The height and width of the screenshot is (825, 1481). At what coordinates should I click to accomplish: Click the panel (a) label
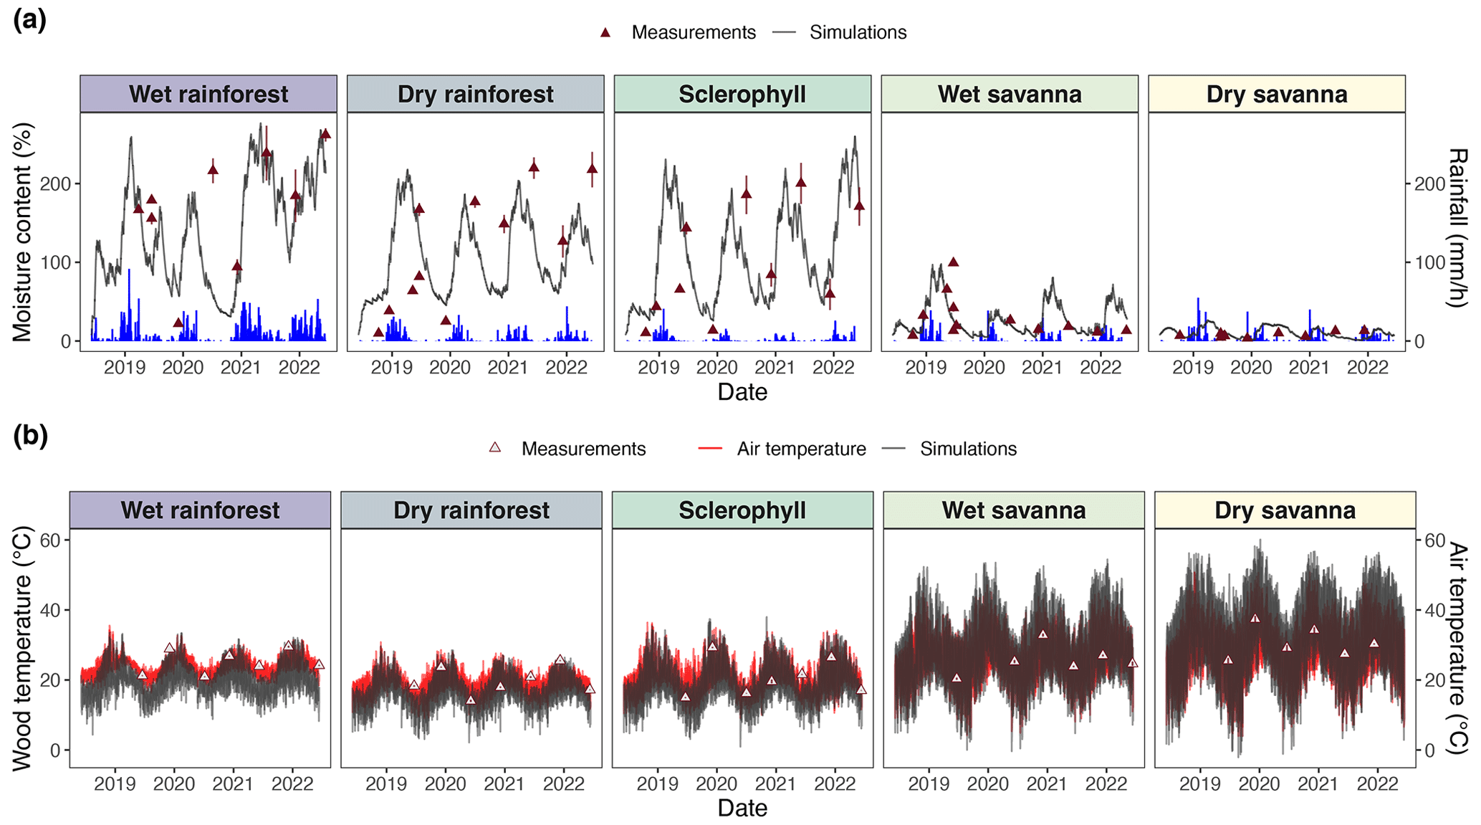pos(29,20)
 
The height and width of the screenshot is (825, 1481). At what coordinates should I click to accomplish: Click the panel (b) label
pos(30,436)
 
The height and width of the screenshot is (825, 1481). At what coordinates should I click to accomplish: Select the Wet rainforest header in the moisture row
pos(209,94)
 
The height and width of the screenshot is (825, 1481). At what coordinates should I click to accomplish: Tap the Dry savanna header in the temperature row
pos(1285,510)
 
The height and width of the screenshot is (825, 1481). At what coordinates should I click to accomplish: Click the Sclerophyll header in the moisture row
pos(742,94)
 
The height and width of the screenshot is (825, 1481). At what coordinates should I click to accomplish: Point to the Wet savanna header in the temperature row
pos(1013,510)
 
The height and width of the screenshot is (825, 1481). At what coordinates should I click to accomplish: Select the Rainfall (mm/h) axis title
pos(1458,228)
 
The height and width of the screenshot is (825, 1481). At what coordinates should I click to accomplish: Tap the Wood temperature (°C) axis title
pos(22,649)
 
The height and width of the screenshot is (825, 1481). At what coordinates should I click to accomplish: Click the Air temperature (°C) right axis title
pos(1458,648)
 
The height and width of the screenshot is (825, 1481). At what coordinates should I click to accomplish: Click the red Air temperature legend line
pos(710,449)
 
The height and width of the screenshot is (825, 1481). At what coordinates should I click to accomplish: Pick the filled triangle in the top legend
pos(605,32)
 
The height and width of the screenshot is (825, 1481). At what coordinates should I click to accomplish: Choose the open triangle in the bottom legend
pos(494,448)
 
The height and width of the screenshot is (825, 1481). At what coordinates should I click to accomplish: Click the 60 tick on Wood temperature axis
pos(50,540)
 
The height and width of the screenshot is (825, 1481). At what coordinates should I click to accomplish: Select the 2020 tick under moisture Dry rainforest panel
pos(450,368)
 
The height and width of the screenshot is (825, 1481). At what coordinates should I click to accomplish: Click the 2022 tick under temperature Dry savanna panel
pos(1378,784)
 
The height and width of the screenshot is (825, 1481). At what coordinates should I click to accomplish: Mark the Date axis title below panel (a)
pos(742,392)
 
